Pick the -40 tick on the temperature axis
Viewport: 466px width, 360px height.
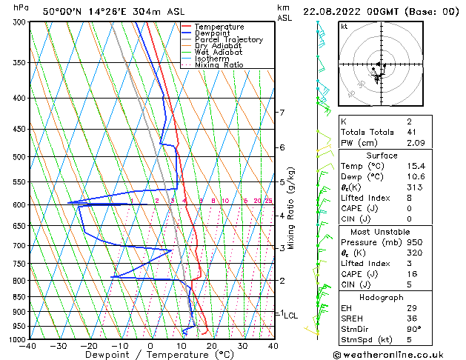point(28,345)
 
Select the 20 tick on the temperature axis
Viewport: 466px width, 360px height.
point(212,345)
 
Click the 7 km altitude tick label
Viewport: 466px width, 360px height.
point(282,113)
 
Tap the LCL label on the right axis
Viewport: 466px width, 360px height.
point(291,315)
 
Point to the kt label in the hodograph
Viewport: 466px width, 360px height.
point(344,26)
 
